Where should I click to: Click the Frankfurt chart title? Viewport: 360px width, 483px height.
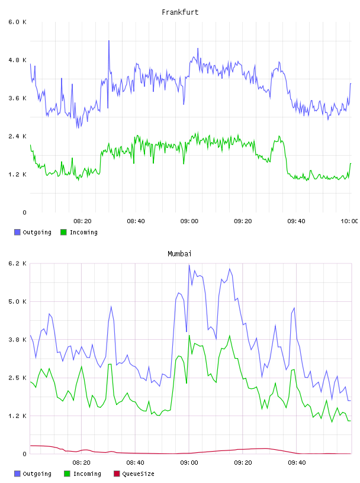pyautogui.click(x=180, y=12)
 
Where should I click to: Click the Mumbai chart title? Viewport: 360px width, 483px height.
pyautogui.click(x=179, y=253)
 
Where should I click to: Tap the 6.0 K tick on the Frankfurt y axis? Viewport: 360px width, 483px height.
pyautogui.click(x=17, y=22)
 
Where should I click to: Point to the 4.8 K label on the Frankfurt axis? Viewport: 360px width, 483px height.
pyautogui.click(x=17, y=60)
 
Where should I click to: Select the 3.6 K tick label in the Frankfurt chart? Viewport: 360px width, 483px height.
pyautogui.click(x=17, y=98)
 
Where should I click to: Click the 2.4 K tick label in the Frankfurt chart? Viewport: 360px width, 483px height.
pyautogui.click(x=17, y=136)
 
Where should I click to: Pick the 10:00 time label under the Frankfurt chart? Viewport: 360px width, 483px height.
pyautogui.click(x=349, y=221)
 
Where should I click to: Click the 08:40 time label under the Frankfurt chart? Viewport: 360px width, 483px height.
pyautogui.click(x=136, y=221)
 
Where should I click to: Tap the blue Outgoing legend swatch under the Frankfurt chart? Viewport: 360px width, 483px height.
pyautogui.click(x=17, y=232)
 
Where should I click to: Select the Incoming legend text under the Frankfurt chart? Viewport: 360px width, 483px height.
pyautogui.click(x=83, y=232)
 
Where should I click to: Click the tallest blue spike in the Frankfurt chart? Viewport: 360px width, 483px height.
pyautogui.click(x=109, y=41)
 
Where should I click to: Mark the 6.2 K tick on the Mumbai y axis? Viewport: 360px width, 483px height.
pyautogui.click(x=17, y=263)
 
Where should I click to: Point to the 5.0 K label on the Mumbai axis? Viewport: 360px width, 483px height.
pyautogui.click(x=17, y=301)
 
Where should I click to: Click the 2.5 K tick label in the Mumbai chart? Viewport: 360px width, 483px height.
pyautogui.click(x=17, y=378)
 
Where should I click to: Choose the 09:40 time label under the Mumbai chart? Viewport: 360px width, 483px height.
pyautogui.click(x=297, y=463)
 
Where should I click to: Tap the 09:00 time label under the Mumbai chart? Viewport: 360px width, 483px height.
pyautogui.click(x=189, y=463)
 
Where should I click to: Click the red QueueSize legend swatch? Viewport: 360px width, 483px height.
pyautogui.click(x=117, y=474)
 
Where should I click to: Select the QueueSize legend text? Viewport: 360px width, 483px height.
pyautogui.click(x=138, y=474)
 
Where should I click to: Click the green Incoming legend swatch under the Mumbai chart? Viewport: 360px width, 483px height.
pyautogui.click(x=67, y=474)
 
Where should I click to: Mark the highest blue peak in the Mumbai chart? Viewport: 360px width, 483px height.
pyautogui.click(x=189, y=265)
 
